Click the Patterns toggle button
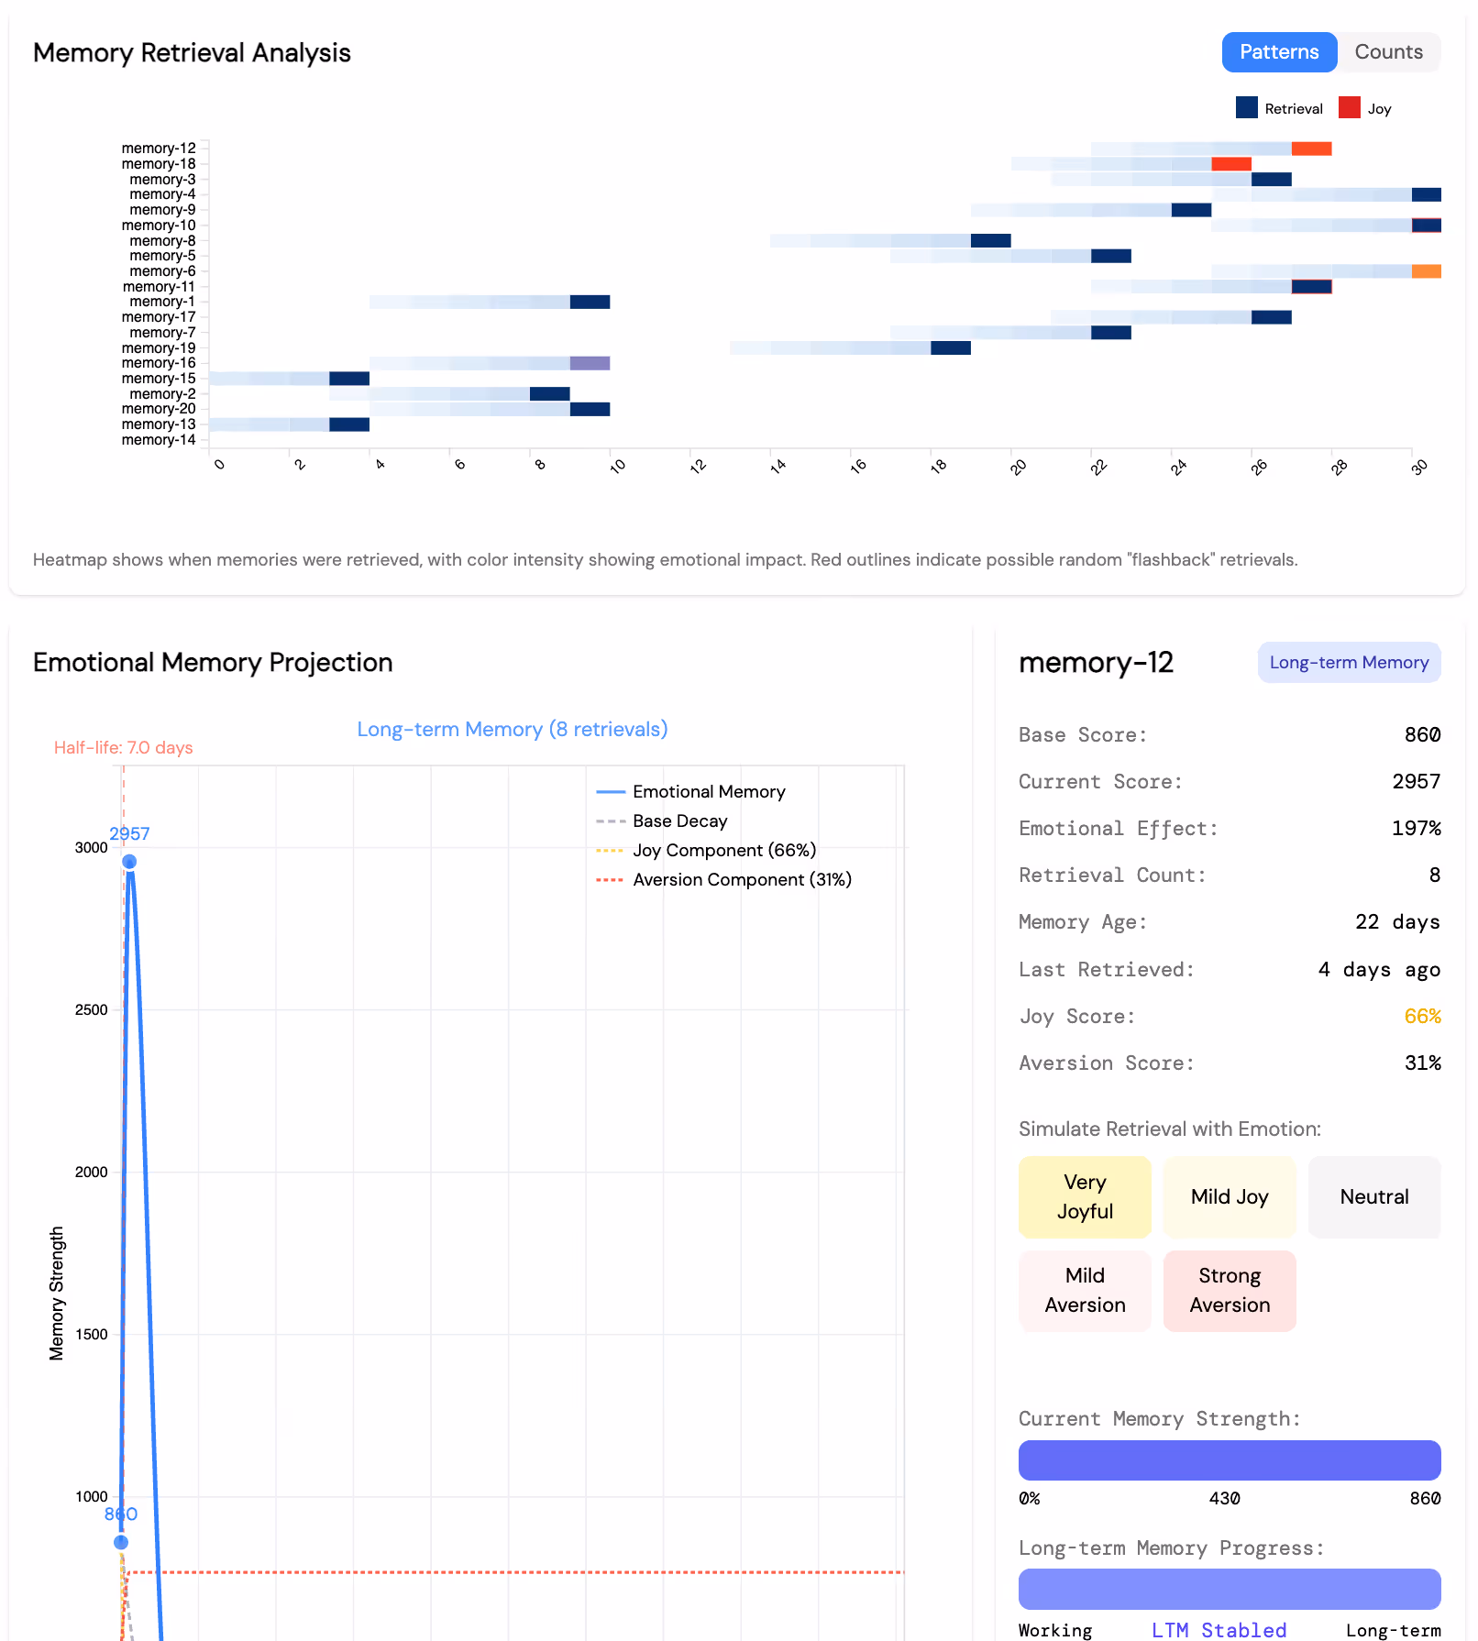tap(1278, 52)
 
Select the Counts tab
tap(1388, 52)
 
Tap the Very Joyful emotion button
tap(1085, 1196)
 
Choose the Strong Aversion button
tap(1229, 1290)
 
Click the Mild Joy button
tap(1229, 1196)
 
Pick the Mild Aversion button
tap(1085, 1290)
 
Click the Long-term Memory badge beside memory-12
tap(1348, 662)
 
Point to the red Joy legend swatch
tap(1349, 108)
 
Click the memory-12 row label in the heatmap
tap(159, 149)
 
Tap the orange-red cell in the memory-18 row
tap(1230, 164)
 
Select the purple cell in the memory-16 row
tap(590, 363)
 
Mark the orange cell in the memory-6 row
tap(1426, 271)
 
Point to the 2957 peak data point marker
tap(129, 862)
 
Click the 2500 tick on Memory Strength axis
tap(91, 1009)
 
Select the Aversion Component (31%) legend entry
tap(741, 879)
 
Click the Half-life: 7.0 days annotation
tap(123, 747)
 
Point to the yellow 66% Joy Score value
tap(1421, 1016)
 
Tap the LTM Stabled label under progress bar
tap(1219, 1629)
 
